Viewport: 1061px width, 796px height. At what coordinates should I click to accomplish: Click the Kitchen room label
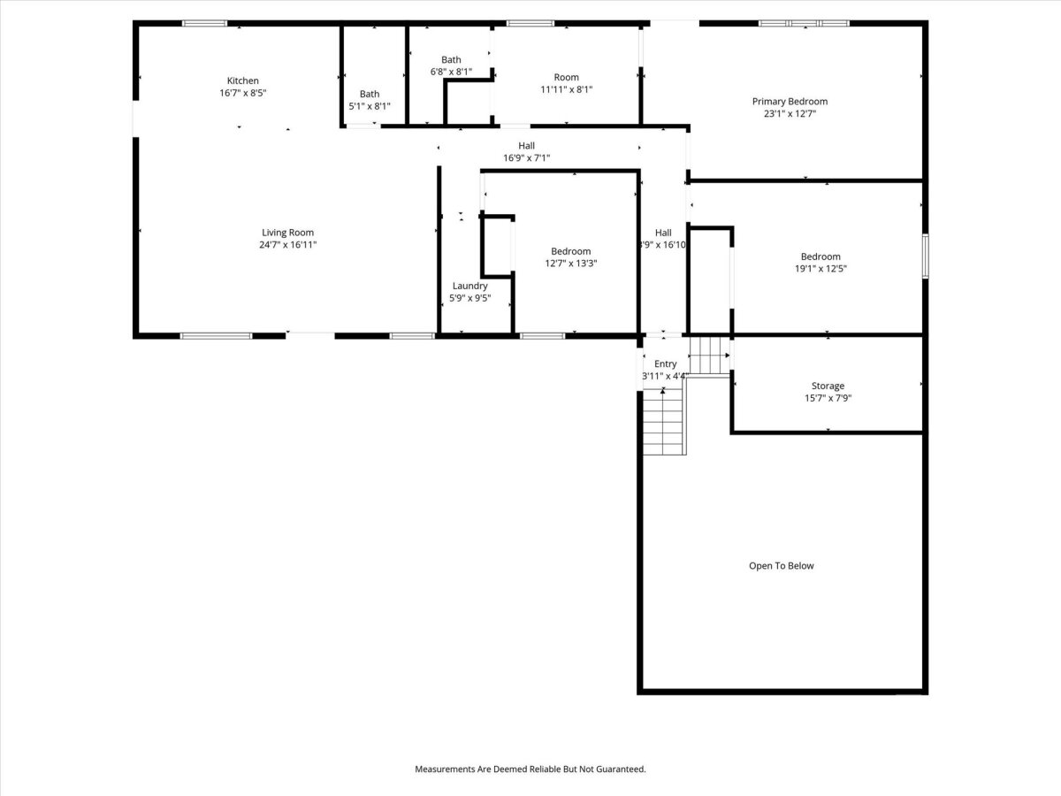242,80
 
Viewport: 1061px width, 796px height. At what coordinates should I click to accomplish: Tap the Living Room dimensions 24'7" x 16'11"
287,245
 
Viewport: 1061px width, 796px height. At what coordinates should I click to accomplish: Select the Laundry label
469,286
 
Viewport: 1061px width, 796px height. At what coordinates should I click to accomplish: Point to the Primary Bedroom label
790,102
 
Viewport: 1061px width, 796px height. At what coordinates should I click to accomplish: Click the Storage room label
828,386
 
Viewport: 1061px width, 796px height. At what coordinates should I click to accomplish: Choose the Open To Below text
781,565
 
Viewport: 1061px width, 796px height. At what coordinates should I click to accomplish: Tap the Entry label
665,364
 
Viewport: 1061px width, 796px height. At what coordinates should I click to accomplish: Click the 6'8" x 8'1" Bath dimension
451,72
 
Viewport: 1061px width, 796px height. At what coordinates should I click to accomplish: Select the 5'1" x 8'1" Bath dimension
370,106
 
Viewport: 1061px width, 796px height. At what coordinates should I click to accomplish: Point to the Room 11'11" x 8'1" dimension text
566,89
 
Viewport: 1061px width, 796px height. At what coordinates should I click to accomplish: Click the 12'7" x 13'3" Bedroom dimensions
571,264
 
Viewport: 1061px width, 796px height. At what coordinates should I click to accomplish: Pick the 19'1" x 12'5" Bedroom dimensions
821,269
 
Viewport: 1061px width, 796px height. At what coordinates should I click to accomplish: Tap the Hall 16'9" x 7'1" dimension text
526,158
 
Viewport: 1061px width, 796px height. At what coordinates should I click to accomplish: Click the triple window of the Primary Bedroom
804,23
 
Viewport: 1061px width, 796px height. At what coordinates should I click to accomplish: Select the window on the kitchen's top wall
204,23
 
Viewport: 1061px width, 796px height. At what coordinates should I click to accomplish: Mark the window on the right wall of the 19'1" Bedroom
925,256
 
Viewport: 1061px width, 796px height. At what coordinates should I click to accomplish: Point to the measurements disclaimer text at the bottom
530,769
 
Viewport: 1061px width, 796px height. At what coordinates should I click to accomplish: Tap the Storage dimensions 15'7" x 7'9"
828,398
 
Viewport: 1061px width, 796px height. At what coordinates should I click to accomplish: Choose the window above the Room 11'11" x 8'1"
530,23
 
